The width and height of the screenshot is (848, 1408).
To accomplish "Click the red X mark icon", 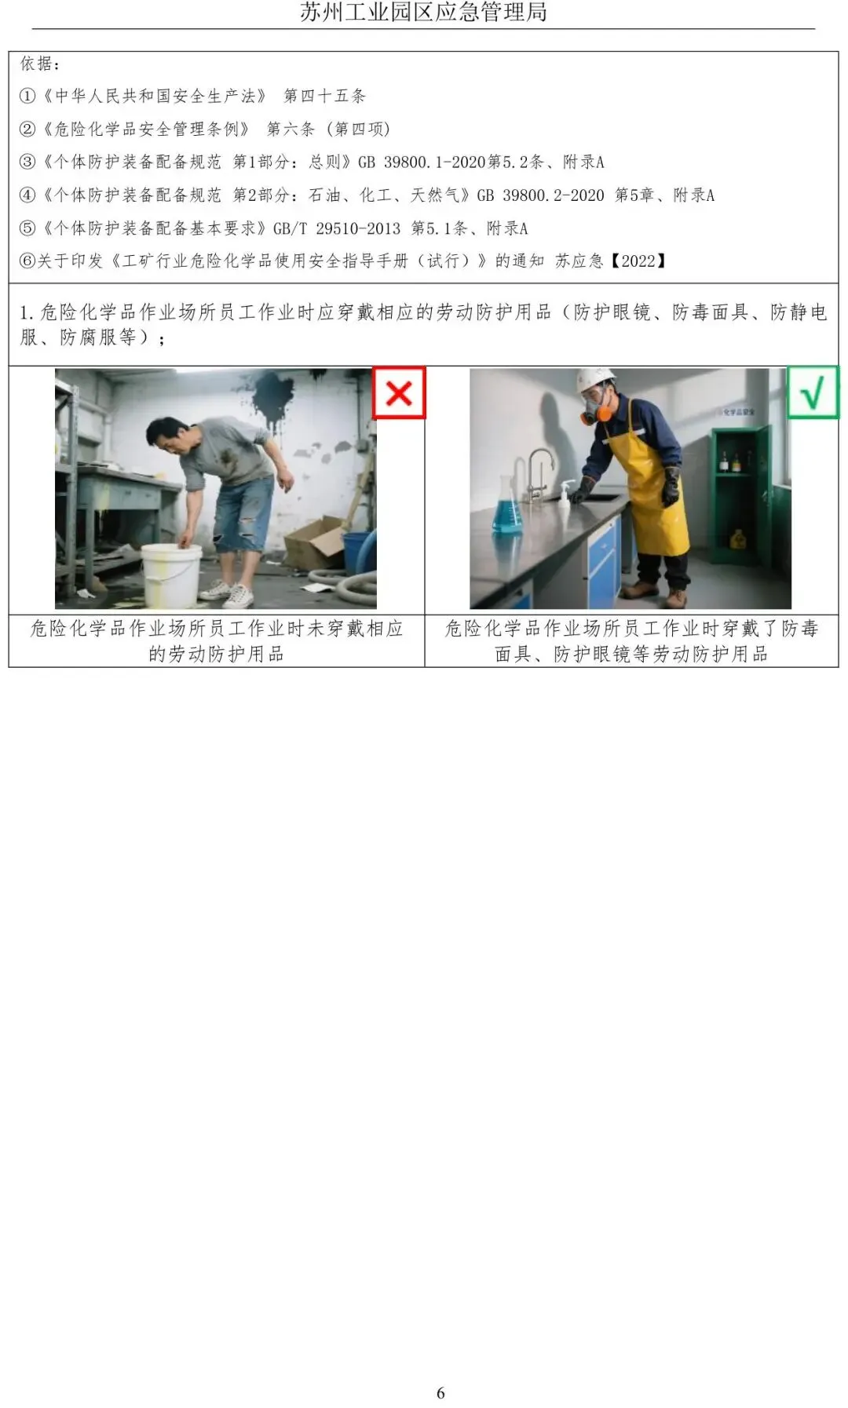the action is click(x=399, y=392).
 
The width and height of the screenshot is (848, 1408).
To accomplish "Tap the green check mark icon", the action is click(x=813, y=392).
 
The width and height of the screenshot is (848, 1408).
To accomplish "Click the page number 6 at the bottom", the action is click(x=440, y=1393).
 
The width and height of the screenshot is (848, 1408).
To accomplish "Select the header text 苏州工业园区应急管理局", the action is click(x=423, y=12).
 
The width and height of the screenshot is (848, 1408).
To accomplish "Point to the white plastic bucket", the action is click(x=170, y=575).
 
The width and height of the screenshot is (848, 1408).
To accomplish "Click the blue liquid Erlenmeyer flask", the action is click(x=506, y=506).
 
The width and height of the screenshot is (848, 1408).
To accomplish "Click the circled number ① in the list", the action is click(x=27, y=96).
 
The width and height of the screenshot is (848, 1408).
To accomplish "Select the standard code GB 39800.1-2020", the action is click(x=422, y=162).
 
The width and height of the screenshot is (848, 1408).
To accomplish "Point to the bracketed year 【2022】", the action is click(x=638, y=261).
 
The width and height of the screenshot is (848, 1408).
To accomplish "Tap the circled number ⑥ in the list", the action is click(x=27, y=261).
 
